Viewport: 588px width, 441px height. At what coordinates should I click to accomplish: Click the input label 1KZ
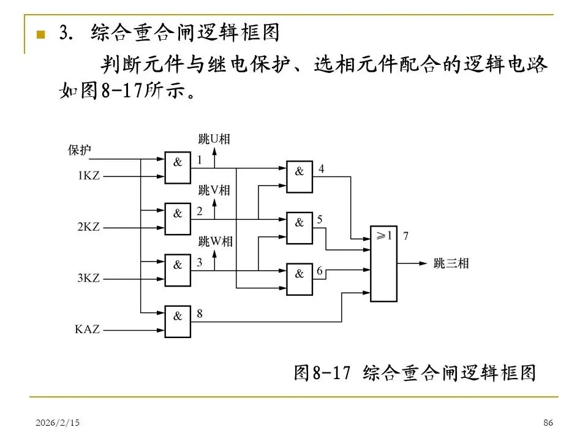coord(89,176)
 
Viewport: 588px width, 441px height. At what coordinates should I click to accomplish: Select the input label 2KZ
coord(89,227)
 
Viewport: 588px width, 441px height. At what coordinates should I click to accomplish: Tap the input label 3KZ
coord(89,277)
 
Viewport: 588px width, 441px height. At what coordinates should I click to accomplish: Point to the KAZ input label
coord(88,329)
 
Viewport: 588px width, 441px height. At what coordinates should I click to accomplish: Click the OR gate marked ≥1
coord(384,263)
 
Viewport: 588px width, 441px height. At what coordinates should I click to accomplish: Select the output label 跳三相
coord(451,264)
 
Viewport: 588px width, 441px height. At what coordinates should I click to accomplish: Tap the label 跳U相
coord(214,139)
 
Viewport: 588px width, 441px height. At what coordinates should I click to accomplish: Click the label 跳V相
coord(214,190)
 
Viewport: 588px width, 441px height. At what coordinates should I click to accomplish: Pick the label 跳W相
coord(215,241)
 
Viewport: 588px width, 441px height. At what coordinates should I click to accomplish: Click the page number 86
coord(548,423)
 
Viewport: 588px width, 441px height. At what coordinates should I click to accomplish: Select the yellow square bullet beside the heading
coord(41,34)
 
